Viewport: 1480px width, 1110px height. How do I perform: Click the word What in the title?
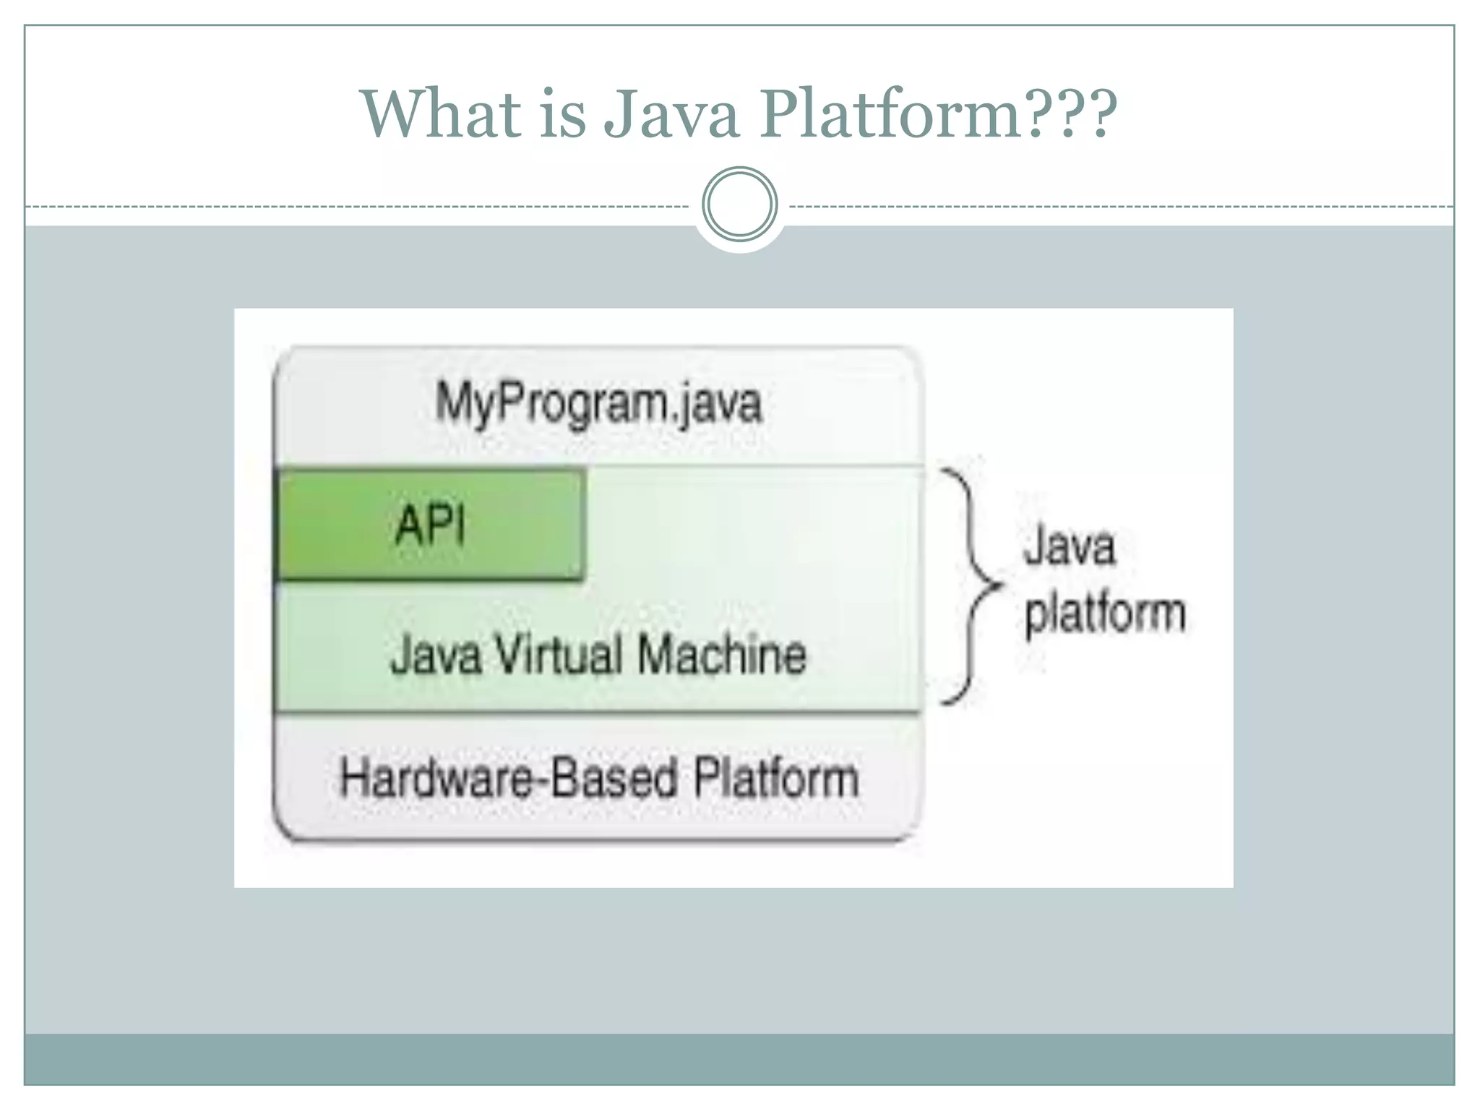(440, 113)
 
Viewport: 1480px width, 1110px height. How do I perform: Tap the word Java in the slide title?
(671, 113)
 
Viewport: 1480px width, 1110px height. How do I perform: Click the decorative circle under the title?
(739, 205)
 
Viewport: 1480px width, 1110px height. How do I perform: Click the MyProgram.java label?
(598, 403)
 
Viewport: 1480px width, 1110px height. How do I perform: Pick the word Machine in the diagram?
(721, 655)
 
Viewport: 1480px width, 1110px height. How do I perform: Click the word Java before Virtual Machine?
(436, 655)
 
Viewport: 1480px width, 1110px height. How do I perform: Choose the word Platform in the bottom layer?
(776, 779)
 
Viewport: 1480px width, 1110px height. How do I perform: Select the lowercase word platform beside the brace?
(1105, 614)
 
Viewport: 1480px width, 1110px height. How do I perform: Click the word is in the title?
(562, 113)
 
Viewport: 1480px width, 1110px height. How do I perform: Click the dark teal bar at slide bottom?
(739, 1059)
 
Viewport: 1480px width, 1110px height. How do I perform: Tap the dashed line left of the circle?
(361, 207)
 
